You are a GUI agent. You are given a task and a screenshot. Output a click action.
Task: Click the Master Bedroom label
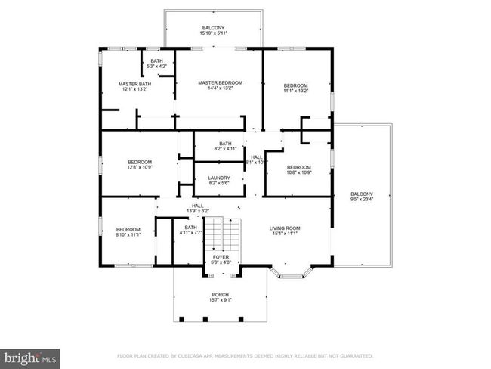[x=220, y=82]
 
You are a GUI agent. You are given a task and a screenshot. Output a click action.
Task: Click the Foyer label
[x=221, y=257]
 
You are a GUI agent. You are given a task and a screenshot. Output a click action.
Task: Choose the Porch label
[x=220, y=294]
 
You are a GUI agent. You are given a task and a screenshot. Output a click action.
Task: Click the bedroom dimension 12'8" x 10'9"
[x=140, y=167]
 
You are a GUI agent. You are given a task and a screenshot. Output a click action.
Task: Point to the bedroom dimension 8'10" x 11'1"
[x=128, y=235]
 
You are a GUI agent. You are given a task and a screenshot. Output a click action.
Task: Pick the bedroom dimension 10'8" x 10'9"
[x=298, y=172]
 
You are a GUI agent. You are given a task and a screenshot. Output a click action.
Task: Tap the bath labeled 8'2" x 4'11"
[x=225, y=149]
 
